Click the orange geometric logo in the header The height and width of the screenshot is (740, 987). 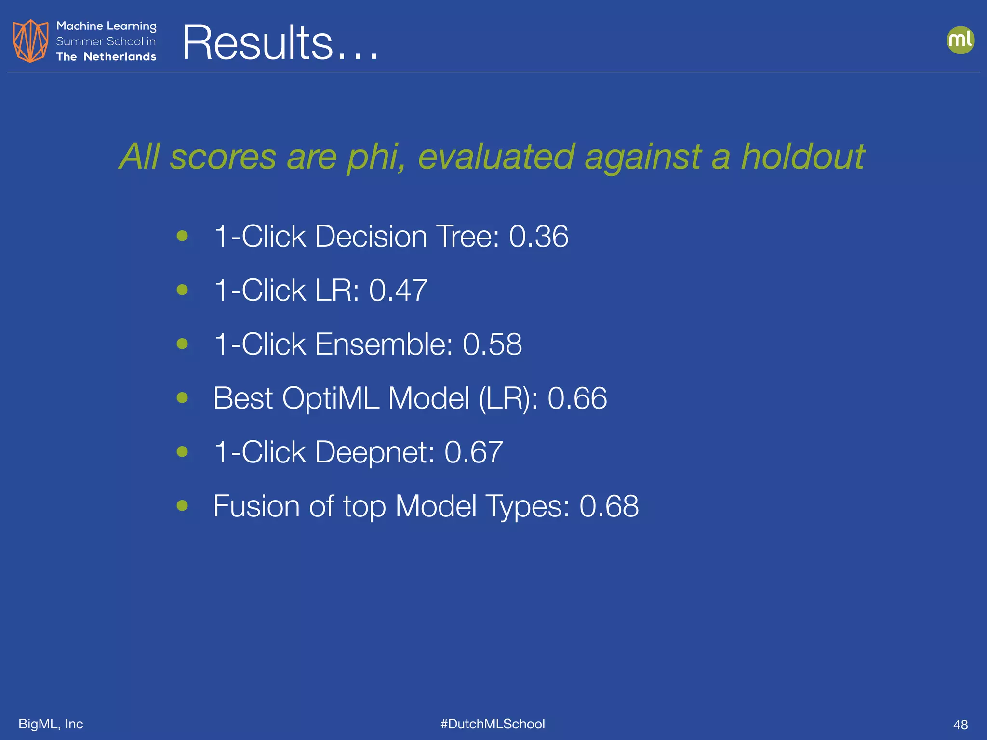tap(30, 41)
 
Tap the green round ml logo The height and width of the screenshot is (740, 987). tap(960, 40)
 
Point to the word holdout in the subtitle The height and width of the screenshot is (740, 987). tap(802, 157)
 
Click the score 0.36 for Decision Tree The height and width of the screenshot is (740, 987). tap(538, 237)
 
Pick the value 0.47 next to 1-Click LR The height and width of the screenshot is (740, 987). tap(398, 291)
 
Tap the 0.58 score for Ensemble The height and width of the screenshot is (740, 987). tap(492, 344)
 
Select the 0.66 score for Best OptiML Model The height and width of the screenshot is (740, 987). tap(577, 398)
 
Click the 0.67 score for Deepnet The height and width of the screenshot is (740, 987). tap(473, 452)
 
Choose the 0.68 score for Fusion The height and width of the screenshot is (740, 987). tap(609, 506)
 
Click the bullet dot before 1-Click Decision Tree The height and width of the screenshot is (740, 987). tap(182, 236)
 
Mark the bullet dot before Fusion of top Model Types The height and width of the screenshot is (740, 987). tap(182, 505)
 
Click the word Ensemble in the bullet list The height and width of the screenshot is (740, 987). tap(384, 344)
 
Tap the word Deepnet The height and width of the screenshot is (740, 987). tap(375, 452)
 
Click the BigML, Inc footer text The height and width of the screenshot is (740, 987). tap(51, 724)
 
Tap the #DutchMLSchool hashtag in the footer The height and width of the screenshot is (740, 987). tap(493, 724)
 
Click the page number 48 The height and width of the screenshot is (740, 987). tap(960, 725)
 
